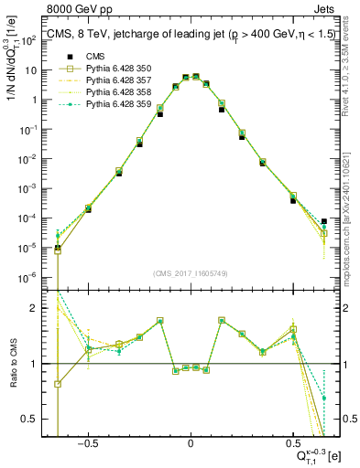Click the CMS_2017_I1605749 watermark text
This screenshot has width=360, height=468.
coord(190,273)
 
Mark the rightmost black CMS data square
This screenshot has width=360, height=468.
coord(324,221)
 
